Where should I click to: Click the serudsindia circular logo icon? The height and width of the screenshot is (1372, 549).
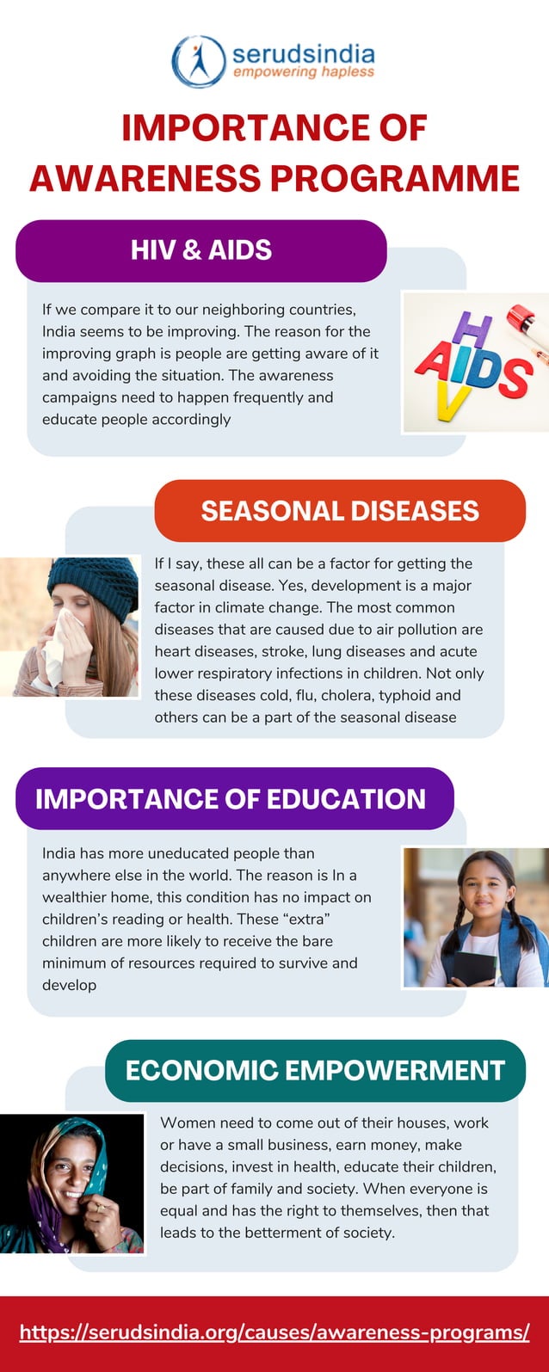tap(199, 61)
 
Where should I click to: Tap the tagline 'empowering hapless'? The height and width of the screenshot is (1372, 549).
tap(304, 72)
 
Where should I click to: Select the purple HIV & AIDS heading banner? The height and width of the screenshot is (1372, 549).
tap(201, 250)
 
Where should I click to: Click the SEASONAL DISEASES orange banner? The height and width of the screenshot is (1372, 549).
tap(340, 511)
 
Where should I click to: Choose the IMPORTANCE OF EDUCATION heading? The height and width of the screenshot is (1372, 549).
tap(231, 798)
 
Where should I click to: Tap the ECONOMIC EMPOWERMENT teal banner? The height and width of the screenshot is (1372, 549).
tap(315, 1070)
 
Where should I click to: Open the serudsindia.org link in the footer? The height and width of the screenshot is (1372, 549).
tap(274, 1332)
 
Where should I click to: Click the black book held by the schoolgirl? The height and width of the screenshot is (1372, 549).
tap(474, 967)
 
